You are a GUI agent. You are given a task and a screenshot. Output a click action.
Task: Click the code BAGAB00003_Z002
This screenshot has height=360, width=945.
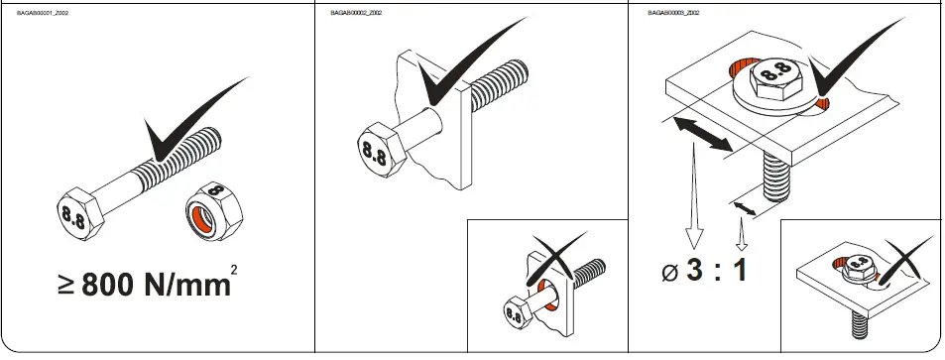coord(674,13)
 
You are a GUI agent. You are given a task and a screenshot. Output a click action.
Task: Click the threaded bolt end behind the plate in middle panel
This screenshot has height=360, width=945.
coord(501,79)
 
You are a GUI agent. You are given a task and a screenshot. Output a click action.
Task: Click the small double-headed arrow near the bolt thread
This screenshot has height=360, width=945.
coord(745,206)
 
